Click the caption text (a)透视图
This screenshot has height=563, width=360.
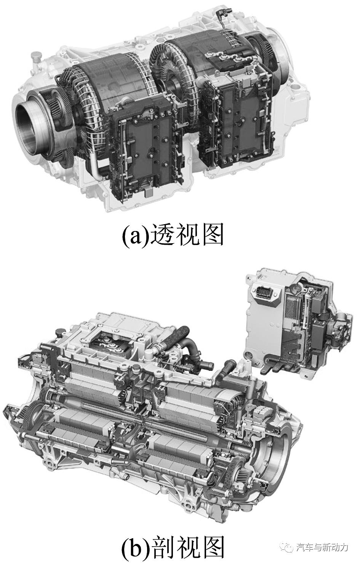click(x=172, y=235)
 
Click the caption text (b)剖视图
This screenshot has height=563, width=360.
click(x=172, y=547)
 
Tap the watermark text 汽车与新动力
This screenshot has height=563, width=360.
click(x=322, y=548)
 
